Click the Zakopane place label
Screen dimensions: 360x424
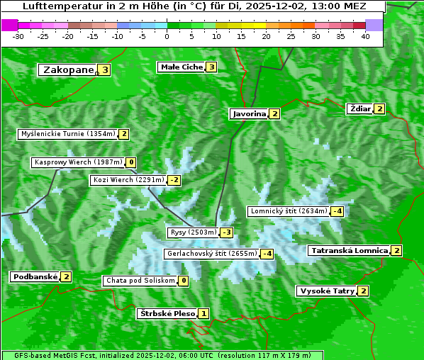tap(68, 70)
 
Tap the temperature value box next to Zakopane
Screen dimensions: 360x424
tap(105, 70)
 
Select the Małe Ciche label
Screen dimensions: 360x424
tap(182, 67)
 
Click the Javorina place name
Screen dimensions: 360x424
tap(249, 113)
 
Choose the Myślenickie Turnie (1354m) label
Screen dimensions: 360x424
tap(67, 134)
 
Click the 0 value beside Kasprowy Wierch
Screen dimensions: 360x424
tap(131, 162)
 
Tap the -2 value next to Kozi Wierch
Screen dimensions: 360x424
tap(174, 180)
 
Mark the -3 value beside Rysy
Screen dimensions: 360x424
tap(227, 232)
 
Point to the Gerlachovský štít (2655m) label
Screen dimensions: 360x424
tap(211, 254)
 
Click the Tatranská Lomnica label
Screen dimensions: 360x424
tap(350, 250)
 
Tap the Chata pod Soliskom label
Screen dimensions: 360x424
tap(140, 281)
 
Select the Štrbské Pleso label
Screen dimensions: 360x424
tap(167, 313)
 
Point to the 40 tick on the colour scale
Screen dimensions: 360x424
tap(365, 36)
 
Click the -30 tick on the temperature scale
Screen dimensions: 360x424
tap(18, 36)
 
